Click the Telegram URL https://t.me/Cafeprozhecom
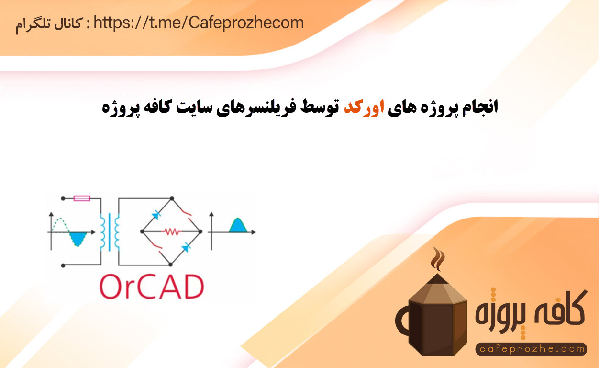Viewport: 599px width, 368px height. point(199,23)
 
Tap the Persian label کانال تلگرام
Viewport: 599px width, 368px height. point(48,25)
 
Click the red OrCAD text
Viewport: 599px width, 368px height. point(152,287)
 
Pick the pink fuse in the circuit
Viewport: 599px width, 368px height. point(81,198)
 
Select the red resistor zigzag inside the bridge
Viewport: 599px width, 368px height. point(171,231)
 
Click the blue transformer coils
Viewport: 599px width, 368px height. point(110,232)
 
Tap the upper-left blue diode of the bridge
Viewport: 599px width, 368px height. point(156,215)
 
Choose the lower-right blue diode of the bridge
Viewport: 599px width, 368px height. point(186,247)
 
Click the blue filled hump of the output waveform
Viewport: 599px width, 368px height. point(238,225)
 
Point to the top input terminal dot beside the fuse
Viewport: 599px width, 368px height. point(63,198)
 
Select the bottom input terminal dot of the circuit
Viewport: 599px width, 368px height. point(63,265)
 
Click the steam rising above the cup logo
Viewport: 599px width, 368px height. point(438,258)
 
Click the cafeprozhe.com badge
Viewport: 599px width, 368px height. point(531,349)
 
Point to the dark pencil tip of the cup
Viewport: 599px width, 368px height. point(437,278)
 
